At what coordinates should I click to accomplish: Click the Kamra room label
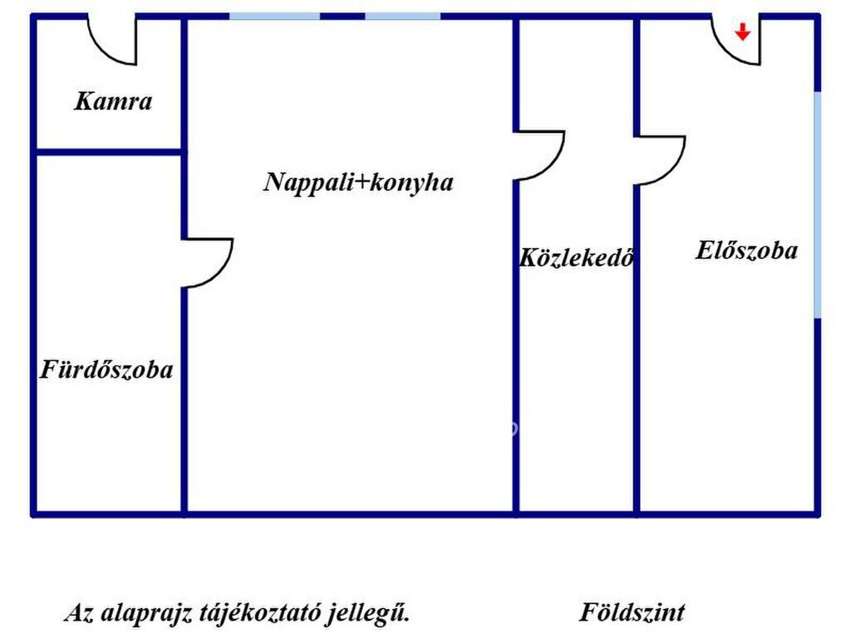(x=113, y=101)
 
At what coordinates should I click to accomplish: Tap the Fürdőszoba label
(x=106, y=369)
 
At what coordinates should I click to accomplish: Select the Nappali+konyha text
(x=358, y=182)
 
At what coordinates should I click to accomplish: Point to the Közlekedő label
(x=577, y=257)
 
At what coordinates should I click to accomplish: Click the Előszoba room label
(x=747, y=250)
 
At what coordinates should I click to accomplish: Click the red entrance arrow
(x=742, y=32)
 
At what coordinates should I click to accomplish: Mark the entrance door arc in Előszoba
(x=727, y=52)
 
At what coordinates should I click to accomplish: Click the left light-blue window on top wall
(x=274, y=17)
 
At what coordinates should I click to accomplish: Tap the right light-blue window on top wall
(x=402, y=17)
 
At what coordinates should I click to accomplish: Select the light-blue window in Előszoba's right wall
(x=818, y=205)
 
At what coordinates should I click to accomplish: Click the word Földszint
(x=632, y=612)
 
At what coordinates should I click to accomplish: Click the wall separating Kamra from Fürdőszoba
(x=109, y=152)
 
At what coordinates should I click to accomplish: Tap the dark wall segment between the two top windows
(x=342, y=17)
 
